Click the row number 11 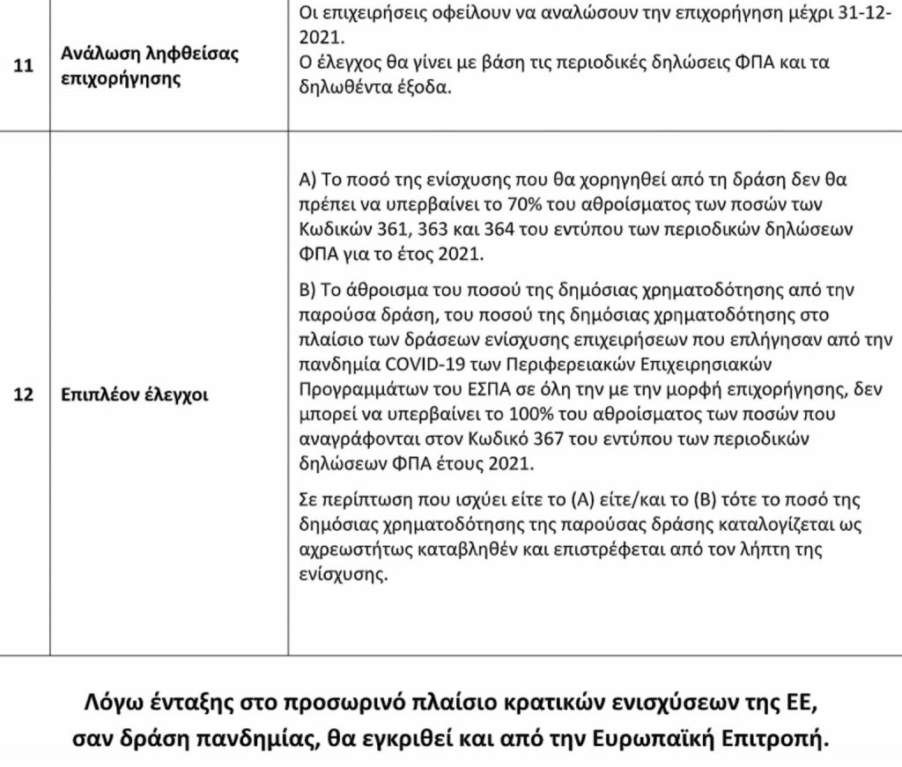(x=26, y=66)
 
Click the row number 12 (x=26, y=395)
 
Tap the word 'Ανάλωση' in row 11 (x=97, y=54)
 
